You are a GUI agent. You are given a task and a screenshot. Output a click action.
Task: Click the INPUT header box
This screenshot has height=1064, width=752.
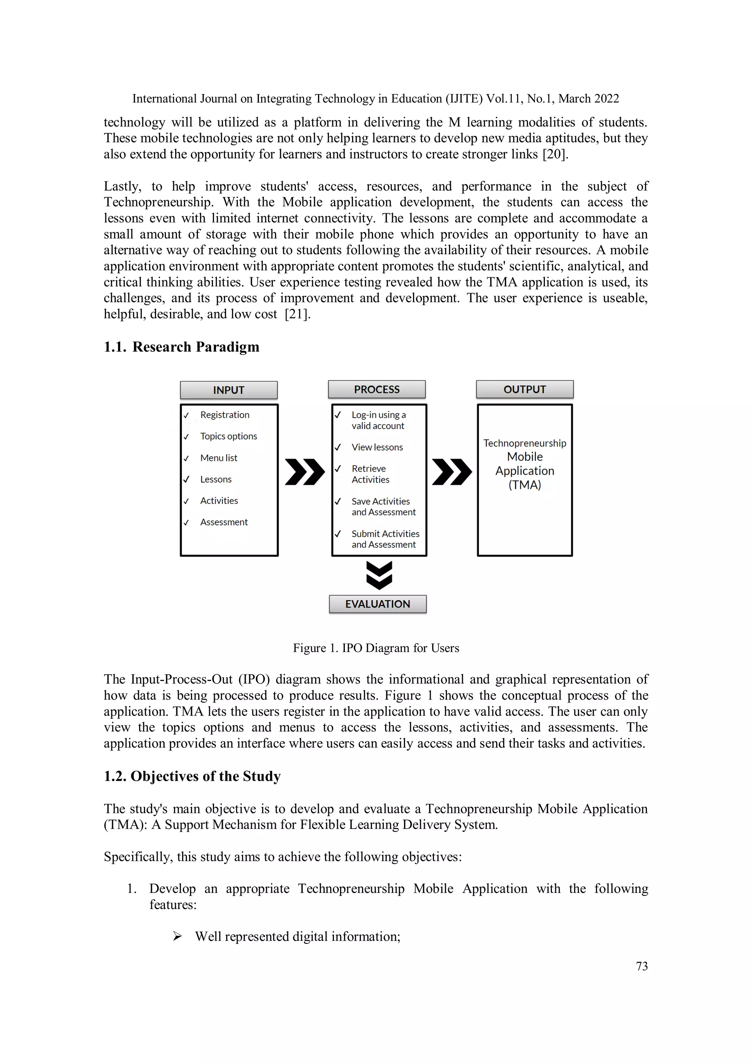point(228,390)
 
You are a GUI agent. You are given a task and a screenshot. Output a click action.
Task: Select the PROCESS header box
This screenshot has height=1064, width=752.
point(376,389)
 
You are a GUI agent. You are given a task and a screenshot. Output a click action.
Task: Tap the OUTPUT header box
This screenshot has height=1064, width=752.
point(524,389)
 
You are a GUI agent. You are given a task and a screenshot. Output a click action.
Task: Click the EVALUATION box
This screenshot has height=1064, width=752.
point(377,604)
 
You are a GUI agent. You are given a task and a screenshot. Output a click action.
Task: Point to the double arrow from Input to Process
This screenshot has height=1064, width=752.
point(304,472)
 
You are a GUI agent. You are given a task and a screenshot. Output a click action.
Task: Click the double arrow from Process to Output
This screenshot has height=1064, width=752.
point(451,472)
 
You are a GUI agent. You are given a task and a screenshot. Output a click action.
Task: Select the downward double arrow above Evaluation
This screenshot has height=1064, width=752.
point(379,575)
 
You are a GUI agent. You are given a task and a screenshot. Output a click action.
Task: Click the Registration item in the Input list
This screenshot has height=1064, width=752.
point(224,415)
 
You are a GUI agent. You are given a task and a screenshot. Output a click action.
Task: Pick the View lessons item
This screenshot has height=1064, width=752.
point(377,447)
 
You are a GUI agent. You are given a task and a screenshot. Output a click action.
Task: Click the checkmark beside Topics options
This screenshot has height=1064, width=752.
point(186,437)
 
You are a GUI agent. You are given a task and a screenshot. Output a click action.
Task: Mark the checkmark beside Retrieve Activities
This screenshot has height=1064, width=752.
point(338,469)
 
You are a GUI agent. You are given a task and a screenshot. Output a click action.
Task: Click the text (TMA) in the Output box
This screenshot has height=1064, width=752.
point(524,485)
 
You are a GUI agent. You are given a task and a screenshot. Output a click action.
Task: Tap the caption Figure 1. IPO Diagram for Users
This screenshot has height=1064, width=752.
point(376,648)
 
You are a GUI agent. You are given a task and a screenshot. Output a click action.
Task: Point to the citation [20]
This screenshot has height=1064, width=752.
point(554,154)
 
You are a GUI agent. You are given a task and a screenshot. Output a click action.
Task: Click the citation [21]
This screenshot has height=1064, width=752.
point(297,314)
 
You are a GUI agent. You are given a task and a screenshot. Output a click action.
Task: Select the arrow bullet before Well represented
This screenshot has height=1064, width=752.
point(177,936)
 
